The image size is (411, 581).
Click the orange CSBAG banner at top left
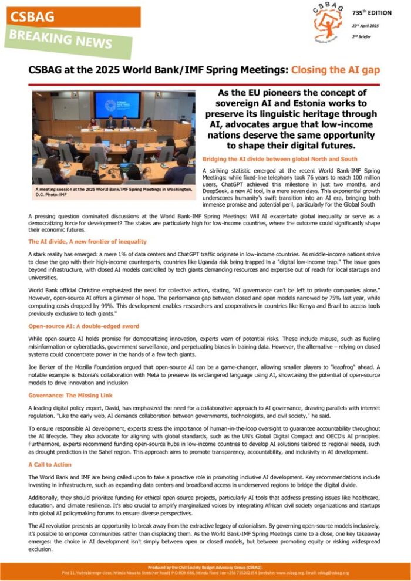pyautogui.click(x=70, y=17)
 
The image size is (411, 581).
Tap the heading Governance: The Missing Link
pyautogui.click(x=70, y=396)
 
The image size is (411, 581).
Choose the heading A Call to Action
pyautogui.click(x=50, y=464)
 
